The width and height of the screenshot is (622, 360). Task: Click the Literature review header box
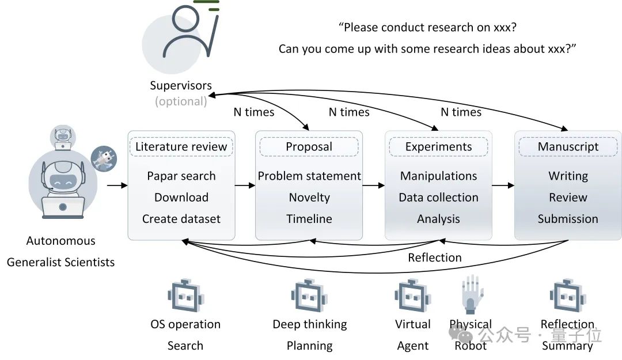pyautogui.click(x=181, y=147)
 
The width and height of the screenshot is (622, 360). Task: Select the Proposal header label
pyautogui.click(x=309, y=147)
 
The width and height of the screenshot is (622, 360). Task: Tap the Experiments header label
pyautogui.click(x=438, y=147)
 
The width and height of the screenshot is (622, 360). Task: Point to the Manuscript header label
pyautogui.click(x=568, y=147)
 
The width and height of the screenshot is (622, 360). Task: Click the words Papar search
pyautogui.click(x=181, y=176)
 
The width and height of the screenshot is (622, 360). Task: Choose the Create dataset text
pyautogui.click(x=181, y=219)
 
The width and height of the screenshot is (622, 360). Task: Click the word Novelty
pyautogui.click(x=309, y=197)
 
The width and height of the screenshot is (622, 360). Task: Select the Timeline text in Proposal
pyautogui.click(x=309, y=219)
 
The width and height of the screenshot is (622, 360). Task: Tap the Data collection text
pyautogui.click(x=438, y=197)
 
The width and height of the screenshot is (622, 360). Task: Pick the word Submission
pyautogui.click(x=568, y=219)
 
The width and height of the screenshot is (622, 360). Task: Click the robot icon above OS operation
pyautogui.click(x=185, y=295)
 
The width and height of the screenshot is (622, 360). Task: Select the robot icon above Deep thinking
pyautogui.click(x=309, y=295)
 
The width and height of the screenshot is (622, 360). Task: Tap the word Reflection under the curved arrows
pyautogui.click(x=435, y=257)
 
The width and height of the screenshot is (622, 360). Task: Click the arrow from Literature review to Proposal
pyautogui.click(x=245, y=185)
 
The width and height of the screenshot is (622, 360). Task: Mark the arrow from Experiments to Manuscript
pyautogui.click(x=503, y=185)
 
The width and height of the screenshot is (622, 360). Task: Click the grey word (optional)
pyautogui.click(x=181, y=101)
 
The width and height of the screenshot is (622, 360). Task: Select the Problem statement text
pyautogui.click(x=309, y=176)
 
